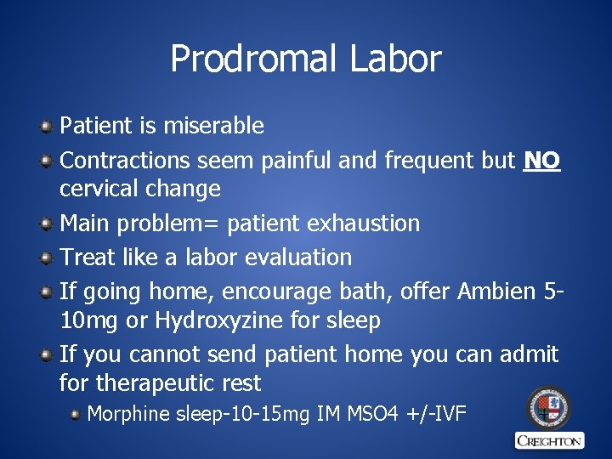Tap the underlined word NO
pos(542,159)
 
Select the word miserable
pos(213,127)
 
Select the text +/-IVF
pos(437,415)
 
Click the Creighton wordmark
pos(549,440)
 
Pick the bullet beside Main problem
pos(46,224)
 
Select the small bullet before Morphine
pos(75,415)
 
